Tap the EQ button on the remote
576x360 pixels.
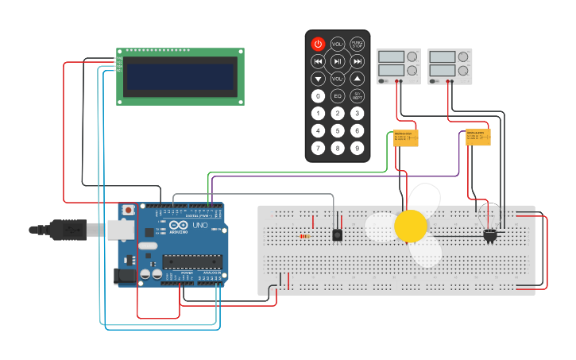(338, 96)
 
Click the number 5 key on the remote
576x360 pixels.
(338, 130)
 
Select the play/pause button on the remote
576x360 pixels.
(338, 61)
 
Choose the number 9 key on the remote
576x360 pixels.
(358, 148)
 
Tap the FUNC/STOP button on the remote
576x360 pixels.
(358, 44)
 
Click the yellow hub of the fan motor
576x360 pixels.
(411, 226)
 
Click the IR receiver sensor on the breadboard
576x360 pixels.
(338, 235)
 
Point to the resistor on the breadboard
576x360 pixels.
(303, 236)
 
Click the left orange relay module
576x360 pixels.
(406, 138)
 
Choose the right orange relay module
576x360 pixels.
(478, 137)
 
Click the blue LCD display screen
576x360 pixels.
(180, 77)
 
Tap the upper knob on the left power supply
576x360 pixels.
(412, 57)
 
